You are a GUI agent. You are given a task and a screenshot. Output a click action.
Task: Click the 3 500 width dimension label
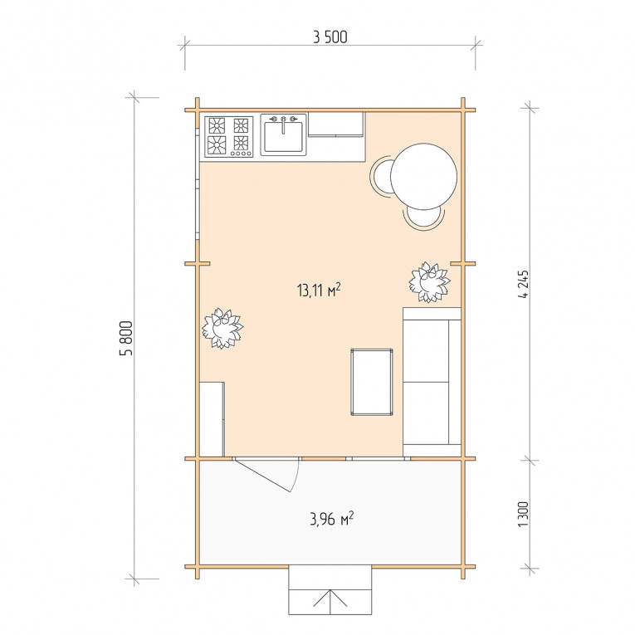pos(330,37)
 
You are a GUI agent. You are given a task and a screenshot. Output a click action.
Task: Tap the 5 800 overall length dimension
pos(126,338)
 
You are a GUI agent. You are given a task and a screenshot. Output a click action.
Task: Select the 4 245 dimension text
pos(523,284)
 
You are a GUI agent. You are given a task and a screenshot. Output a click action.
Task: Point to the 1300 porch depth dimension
pos(523,514)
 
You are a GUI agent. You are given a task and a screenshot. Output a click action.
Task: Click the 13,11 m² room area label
pos(318,290)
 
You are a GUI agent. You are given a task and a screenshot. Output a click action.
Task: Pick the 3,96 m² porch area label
pos(332,518)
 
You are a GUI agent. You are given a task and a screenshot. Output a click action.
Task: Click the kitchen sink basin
pos(283,136)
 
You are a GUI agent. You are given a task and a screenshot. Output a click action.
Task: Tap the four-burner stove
pos(229,136)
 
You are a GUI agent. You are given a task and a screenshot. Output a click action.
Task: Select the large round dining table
pos(423,176)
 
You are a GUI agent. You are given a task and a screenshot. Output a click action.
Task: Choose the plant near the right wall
pos(429,282)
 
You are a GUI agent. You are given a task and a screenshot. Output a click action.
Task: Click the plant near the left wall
pos(222,328)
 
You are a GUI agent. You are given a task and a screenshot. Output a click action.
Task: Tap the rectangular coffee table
pos(372,382)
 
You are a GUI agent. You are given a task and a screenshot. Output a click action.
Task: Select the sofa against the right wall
pos(432,382)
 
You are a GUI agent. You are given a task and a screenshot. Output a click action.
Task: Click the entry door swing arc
pos(297,476)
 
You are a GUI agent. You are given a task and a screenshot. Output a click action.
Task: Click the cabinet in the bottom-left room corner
pos(212,419)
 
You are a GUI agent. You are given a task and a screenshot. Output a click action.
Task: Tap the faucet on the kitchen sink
pos(283,124)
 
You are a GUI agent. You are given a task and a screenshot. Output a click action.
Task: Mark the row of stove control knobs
pos(241,154)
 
